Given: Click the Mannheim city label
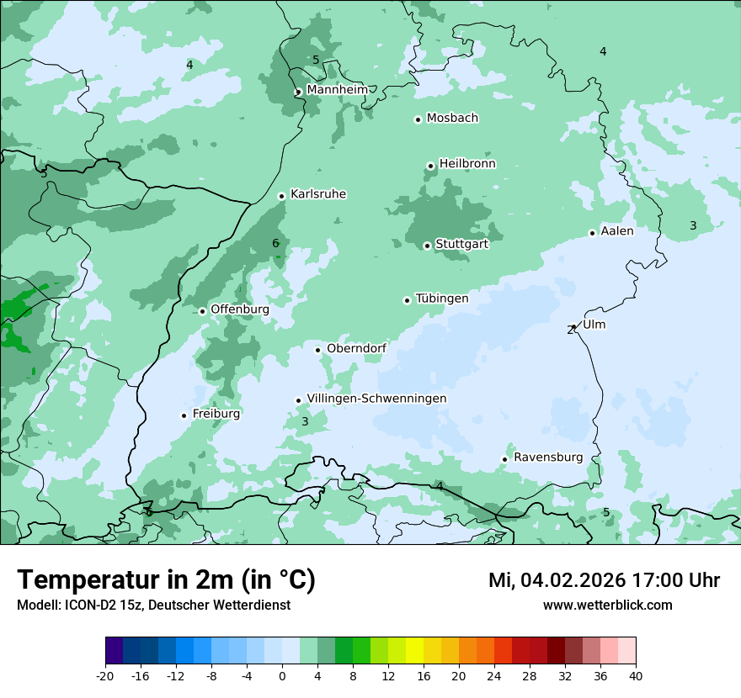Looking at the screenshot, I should (337, 89).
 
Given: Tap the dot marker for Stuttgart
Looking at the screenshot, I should (427, 246).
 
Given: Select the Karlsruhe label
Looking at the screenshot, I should (318, 194).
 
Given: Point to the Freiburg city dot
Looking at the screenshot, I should (184, 415).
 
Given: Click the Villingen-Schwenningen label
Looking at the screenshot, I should (376, 399).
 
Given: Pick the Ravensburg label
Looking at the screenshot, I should (548, 457).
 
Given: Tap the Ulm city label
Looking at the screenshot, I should (594, 325).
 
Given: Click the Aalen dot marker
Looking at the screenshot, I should (592, 233).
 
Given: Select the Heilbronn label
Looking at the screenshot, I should (467, 164).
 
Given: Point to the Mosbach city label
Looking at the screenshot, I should (452, 119).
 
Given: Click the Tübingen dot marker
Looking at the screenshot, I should (407, 300).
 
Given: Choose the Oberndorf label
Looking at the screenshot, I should (356, 348).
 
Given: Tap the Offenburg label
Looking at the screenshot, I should (240, 309).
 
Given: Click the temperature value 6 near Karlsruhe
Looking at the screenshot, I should (275, 244).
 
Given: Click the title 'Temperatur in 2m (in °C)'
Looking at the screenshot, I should (166, 580).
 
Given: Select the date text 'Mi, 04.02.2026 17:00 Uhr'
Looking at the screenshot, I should (604, 580).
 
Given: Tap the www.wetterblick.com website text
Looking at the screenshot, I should (607, 605).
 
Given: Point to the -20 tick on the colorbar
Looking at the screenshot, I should (105, 675).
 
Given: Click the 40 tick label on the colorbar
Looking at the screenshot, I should (635, 675).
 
